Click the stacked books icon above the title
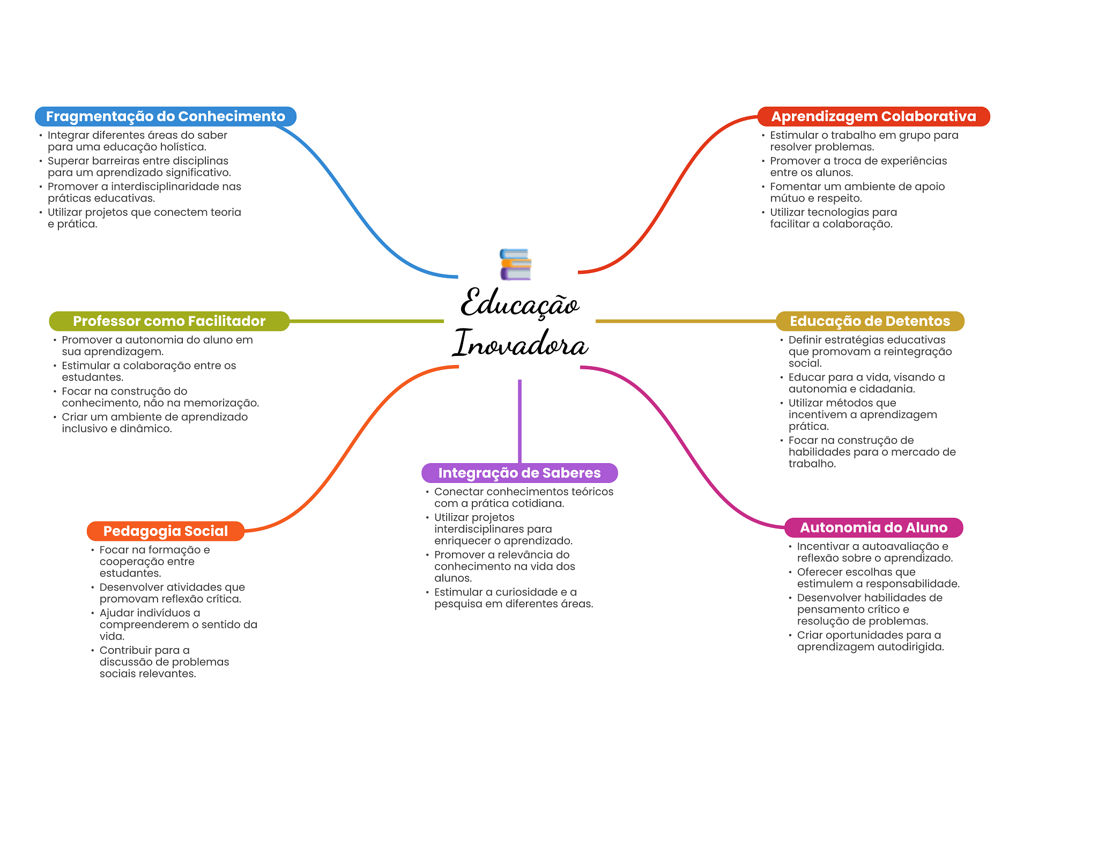(x=515, y=264)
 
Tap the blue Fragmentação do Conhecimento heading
(x=166, y=116)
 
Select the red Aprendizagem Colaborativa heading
(x=873, y=116)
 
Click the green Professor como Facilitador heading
(x=169, y=321)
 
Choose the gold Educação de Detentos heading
(x=870, y=321)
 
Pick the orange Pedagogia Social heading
(x=166, y=531)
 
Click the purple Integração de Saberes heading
(x=520, y=473)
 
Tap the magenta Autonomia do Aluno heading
(x=873, y=527)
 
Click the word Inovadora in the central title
(x=520, y=343)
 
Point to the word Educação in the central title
(x=520, y=302)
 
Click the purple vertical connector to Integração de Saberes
(x=520, y=421)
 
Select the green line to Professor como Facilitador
(x=367, y=321)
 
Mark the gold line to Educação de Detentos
(x=686, y=321)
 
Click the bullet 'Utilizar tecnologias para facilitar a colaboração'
(x=833, y=218)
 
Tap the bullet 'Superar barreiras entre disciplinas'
(x=139, y=167)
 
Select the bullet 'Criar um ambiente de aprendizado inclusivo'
(x=154, y=423)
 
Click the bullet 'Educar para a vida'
(x=866, y=383)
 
